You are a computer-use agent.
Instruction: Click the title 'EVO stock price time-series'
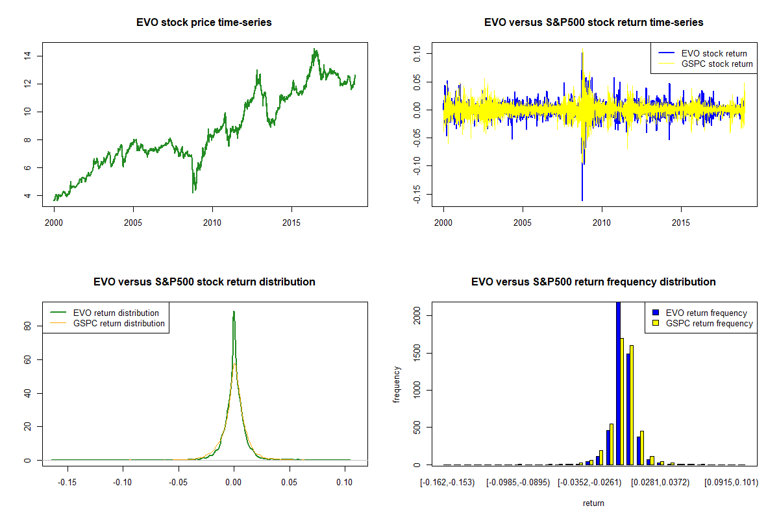(204, 23)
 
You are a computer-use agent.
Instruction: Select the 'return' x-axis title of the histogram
(593, 503)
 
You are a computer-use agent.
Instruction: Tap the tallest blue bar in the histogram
(618, 383)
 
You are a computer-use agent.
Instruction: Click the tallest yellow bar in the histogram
(622, 401)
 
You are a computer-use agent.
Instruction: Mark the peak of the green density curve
(234, 312)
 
